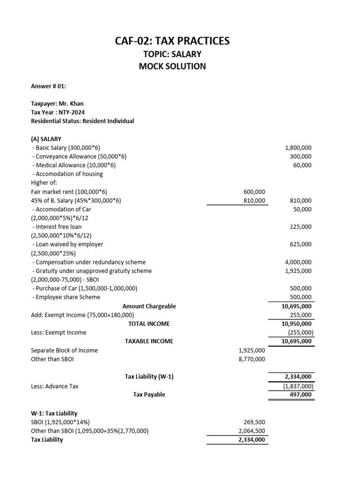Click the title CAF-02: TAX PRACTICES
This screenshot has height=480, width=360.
pyautogui.click(x=172, y=41)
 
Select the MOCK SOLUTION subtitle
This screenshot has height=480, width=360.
pyautogui.click(x=172, y=66)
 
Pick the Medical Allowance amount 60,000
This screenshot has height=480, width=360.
pyautogui.click(x=302, y=165)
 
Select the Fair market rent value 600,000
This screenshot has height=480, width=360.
pyautogui.click(x=255, y=192)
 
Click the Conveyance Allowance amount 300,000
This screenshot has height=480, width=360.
pyautogui.click(x=300, y=157)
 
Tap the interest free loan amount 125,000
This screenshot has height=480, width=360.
pyautogui.click(x=300, y=227)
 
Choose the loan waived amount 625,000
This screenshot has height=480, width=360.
pyautogui.click(x=300, y=244)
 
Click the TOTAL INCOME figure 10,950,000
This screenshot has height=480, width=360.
pyautogui.click(x=296, y=324)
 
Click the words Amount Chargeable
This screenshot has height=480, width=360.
pyautogui.click(x=149, y=306)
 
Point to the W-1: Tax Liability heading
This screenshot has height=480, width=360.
pyautogui.click(x=54, y=413)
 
